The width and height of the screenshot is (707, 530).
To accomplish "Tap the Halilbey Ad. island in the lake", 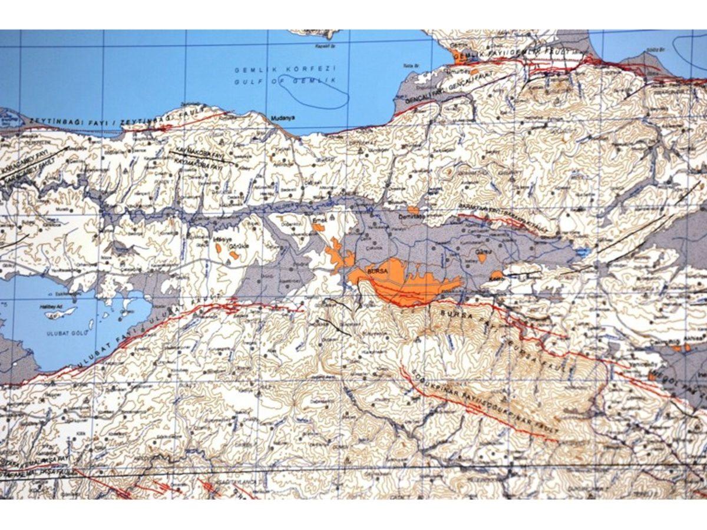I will click(x=61, y=311).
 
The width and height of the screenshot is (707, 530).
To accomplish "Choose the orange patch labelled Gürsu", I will click(x=482, y=257).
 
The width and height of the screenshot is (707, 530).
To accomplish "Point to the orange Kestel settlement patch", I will click(x=497, y=275).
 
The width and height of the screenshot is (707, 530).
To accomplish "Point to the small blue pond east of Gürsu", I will click(x=582, y=251).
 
